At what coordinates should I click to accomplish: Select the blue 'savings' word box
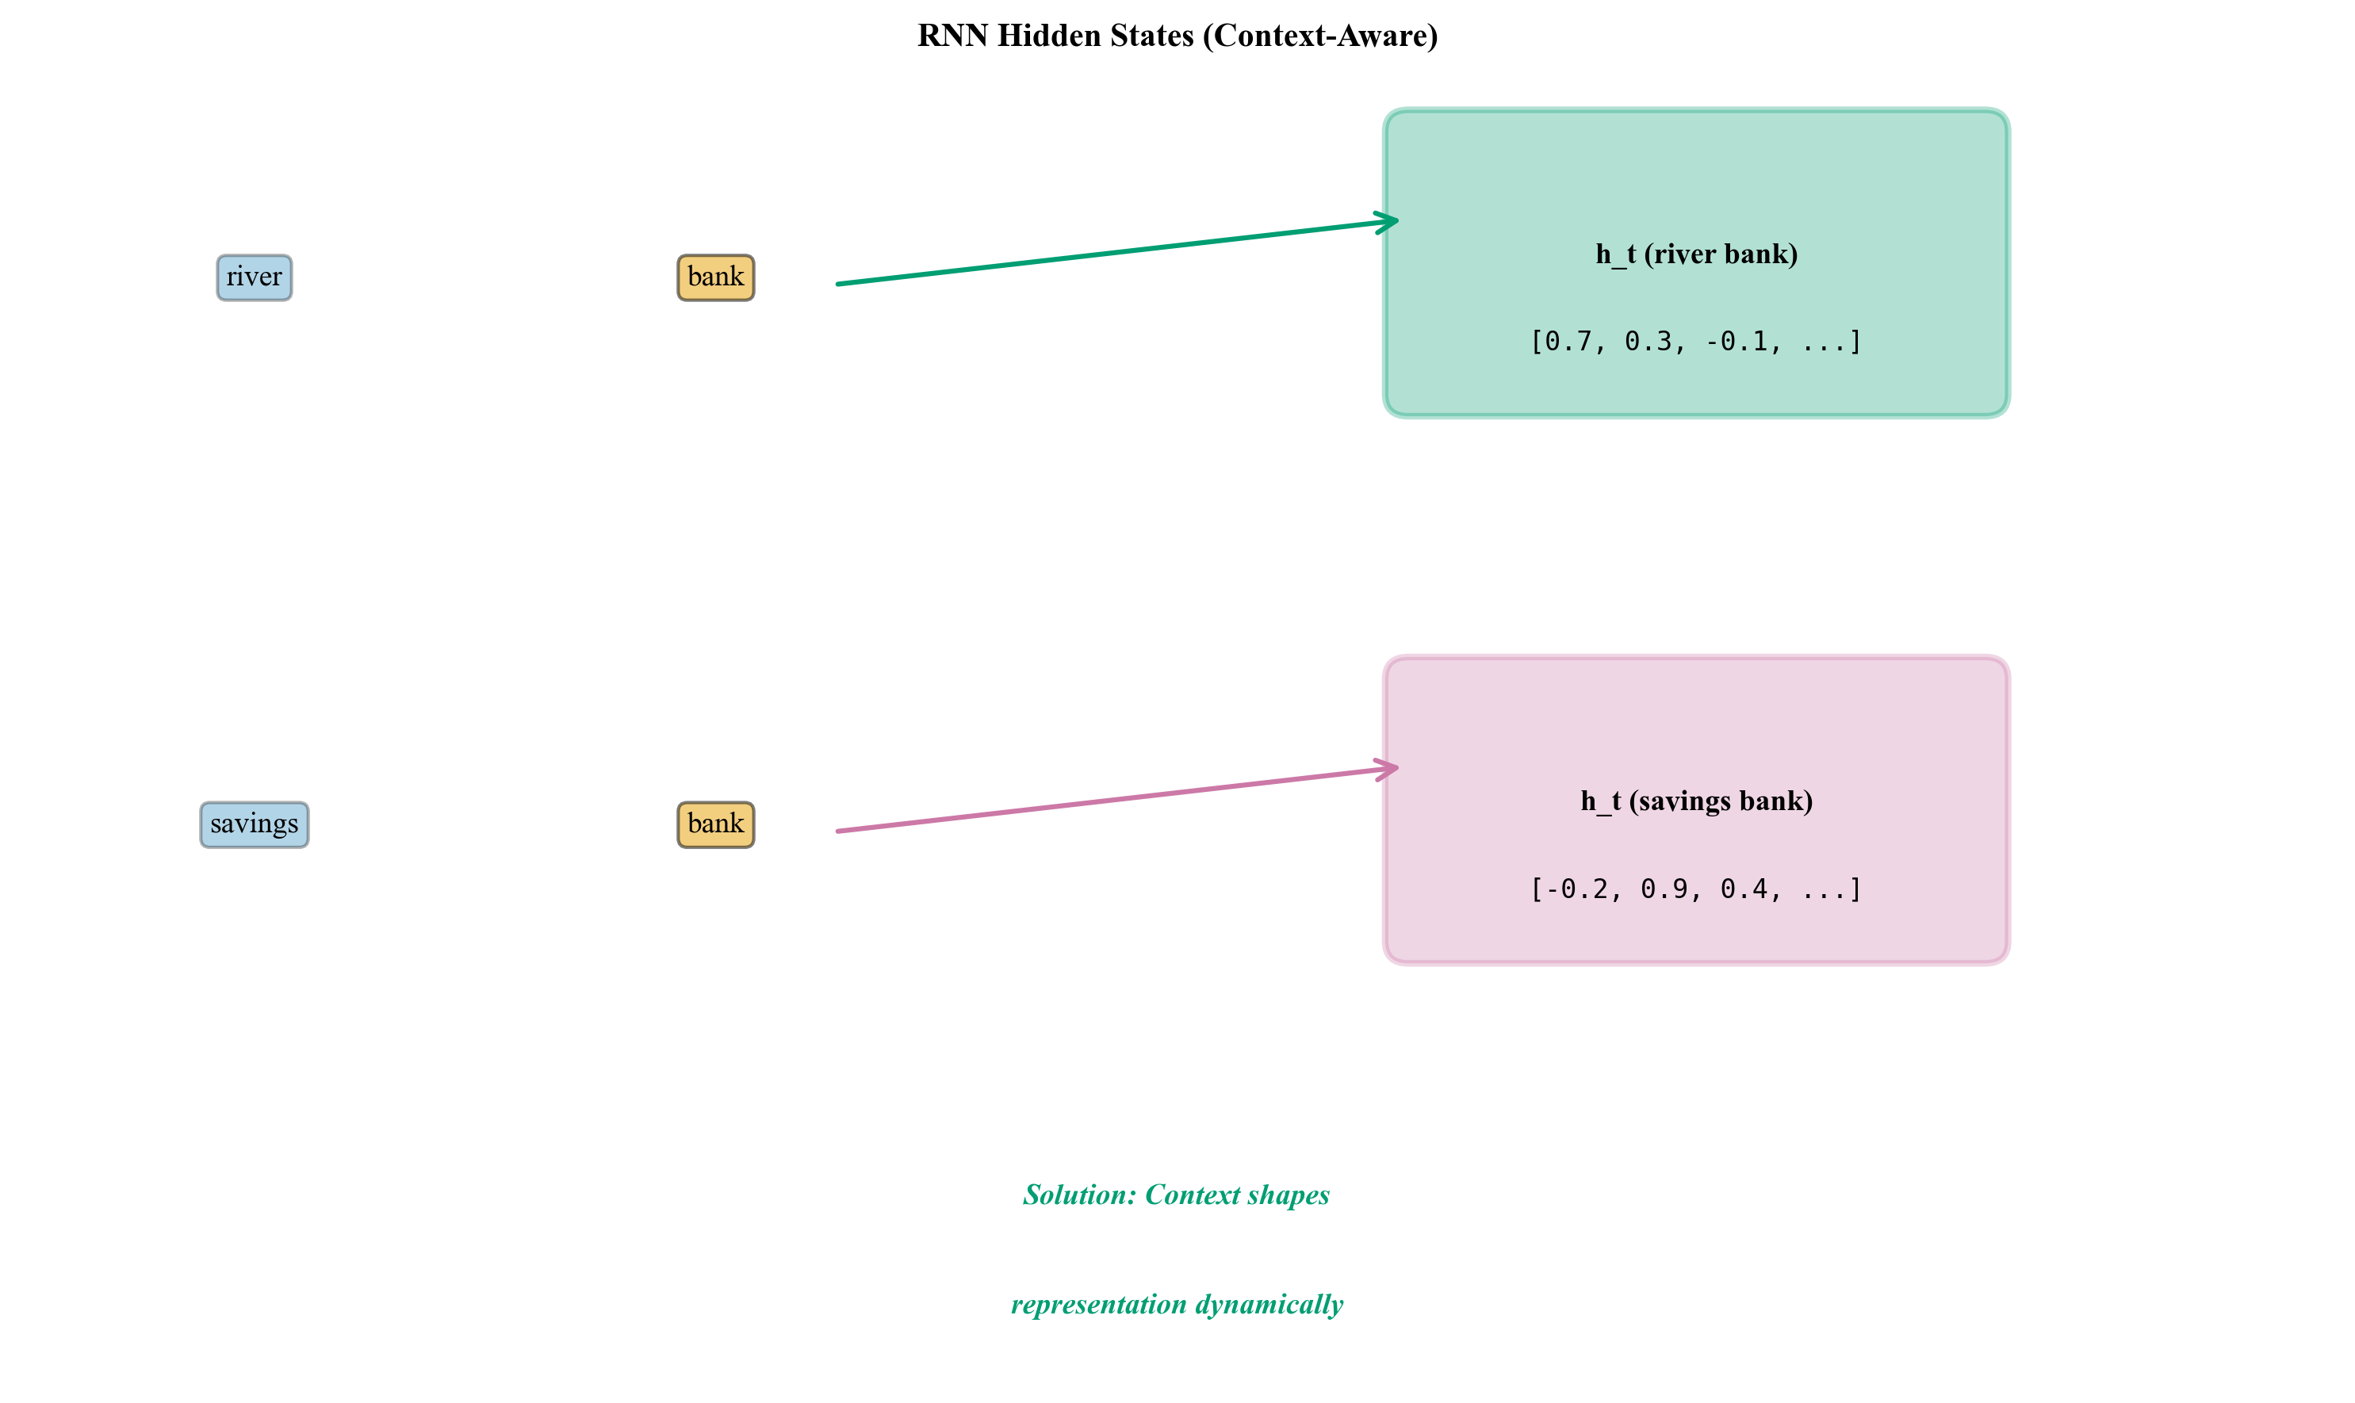click(x=254, y=824)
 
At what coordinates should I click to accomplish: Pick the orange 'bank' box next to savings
click(x=715, y=824)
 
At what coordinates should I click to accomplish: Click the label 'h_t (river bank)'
click(x=1696, y=254)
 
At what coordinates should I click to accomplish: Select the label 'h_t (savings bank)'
click(x=1696, y=801)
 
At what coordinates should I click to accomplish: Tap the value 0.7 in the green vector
click(x=1568, y=342)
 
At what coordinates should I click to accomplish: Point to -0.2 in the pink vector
click(x=1576, y=889)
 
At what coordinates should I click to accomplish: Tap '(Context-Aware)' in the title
click(x=1320, y=36)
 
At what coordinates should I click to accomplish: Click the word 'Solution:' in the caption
click(x=1079, y=1195)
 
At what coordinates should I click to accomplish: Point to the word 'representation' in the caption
click(x=1098, y=1305)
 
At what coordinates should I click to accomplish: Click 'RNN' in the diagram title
click(x=952, y=36)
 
